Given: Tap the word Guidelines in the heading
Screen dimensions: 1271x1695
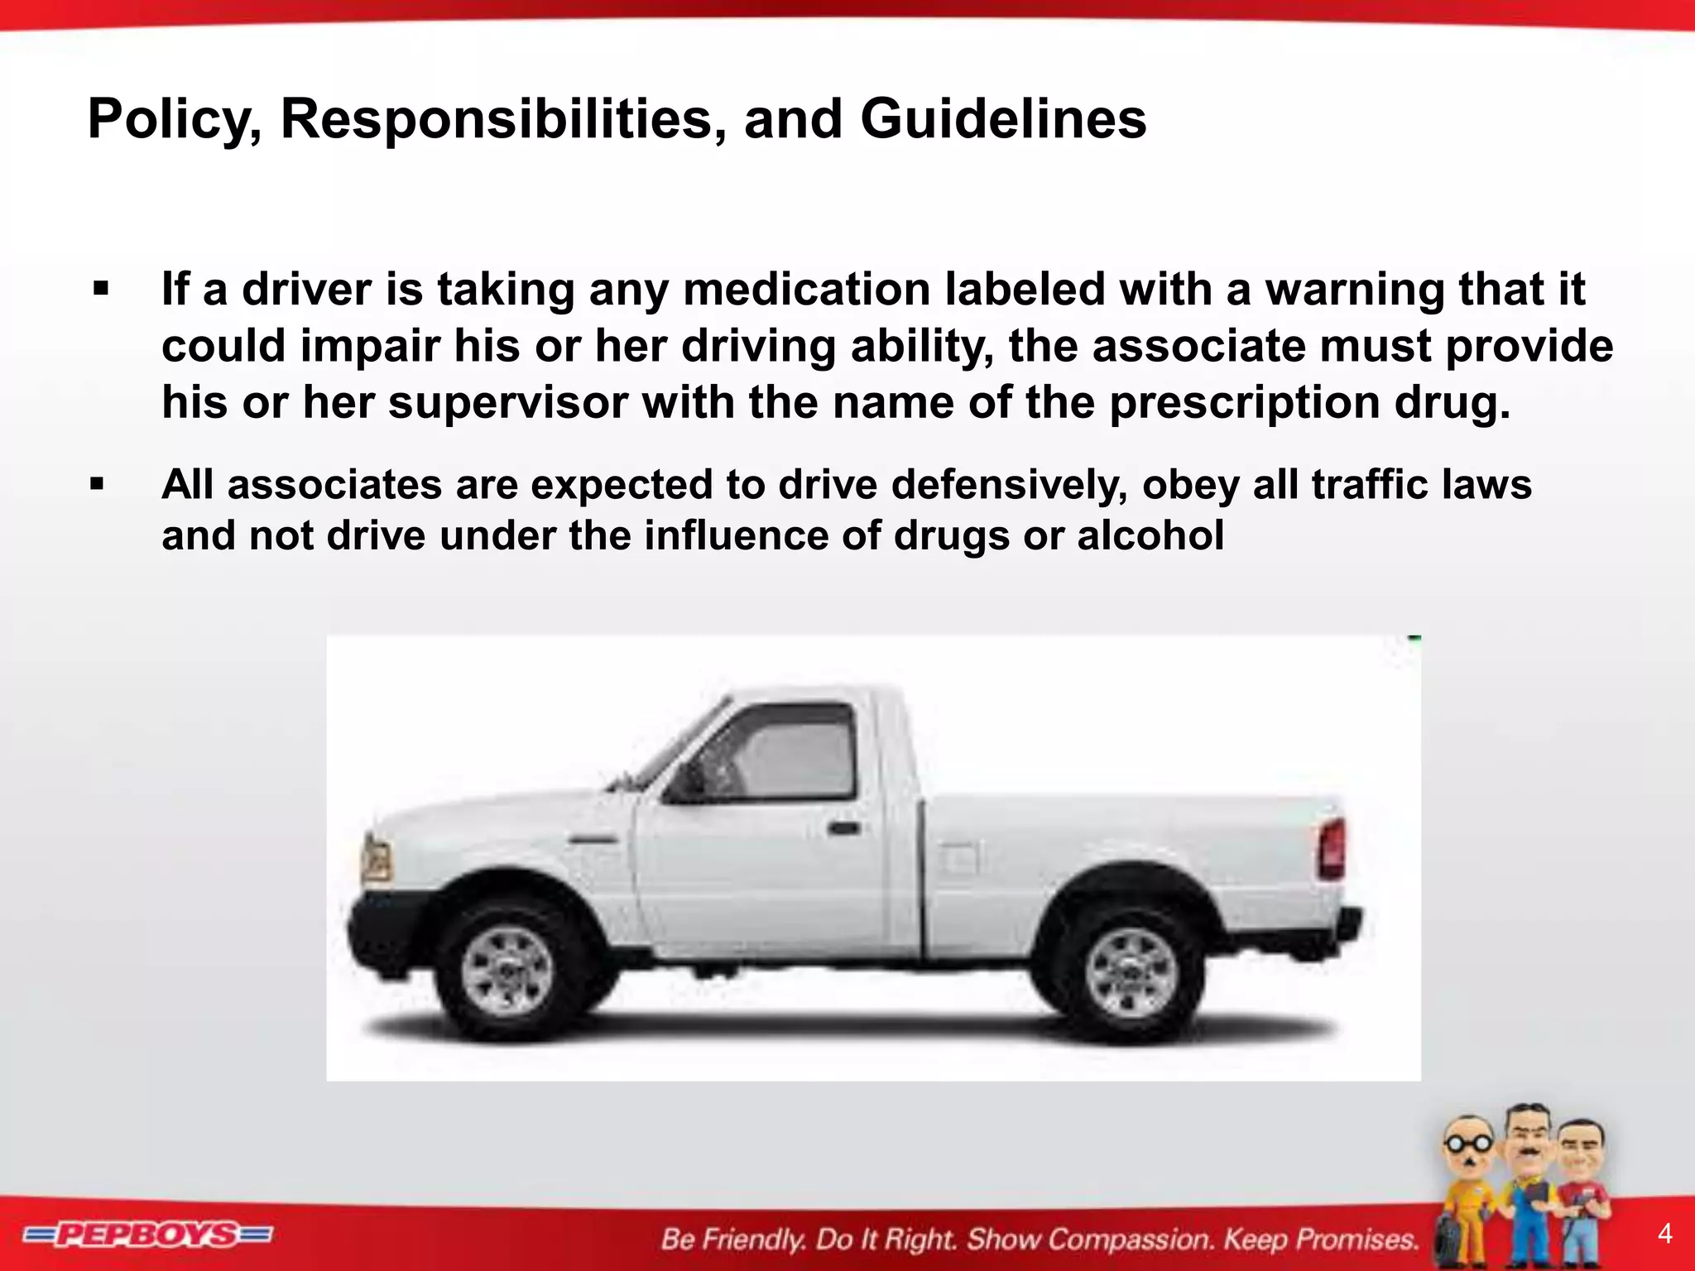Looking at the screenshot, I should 1003,120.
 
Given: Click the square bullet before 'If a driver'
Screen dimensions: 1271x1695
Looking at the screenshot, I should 101,290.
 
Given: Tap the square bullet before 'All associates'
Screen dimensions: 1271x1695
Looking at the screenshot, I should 98,485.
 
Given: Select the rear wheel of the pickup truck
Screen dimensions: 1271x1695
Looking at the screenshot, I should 1131,971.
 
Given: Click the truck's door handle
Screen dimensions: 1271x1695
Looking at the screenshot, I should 843,827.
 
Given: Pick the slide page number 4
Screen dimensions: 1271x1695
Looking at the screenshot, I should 1665,1234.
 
